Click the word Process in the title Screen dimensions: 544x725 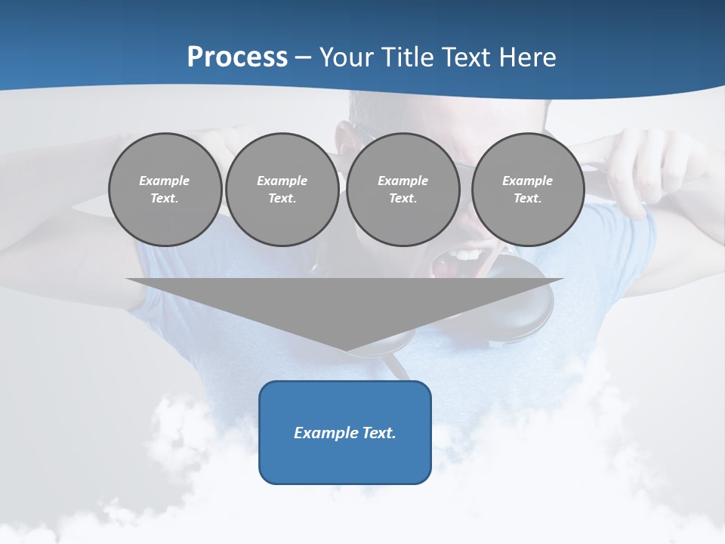[x=237, y=57]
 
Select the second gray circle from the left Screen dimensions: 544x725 [x=282, y=223]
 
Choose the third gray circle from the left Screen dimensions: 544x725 [x=403, y=223]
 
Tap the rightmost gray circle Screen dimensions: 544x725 [x=528, y=223]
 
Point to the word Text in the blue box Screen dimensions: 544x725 [x=380, y=433]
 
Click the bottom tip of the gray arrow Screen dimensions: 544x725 [x=346, y=349]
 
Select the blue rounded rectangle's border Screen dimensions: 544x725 [x=260, y=432]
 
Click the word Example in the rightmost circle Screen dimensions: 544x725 [x=527, y=181]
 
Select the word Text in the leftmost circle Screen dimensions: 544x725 [x=165, y=199]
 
